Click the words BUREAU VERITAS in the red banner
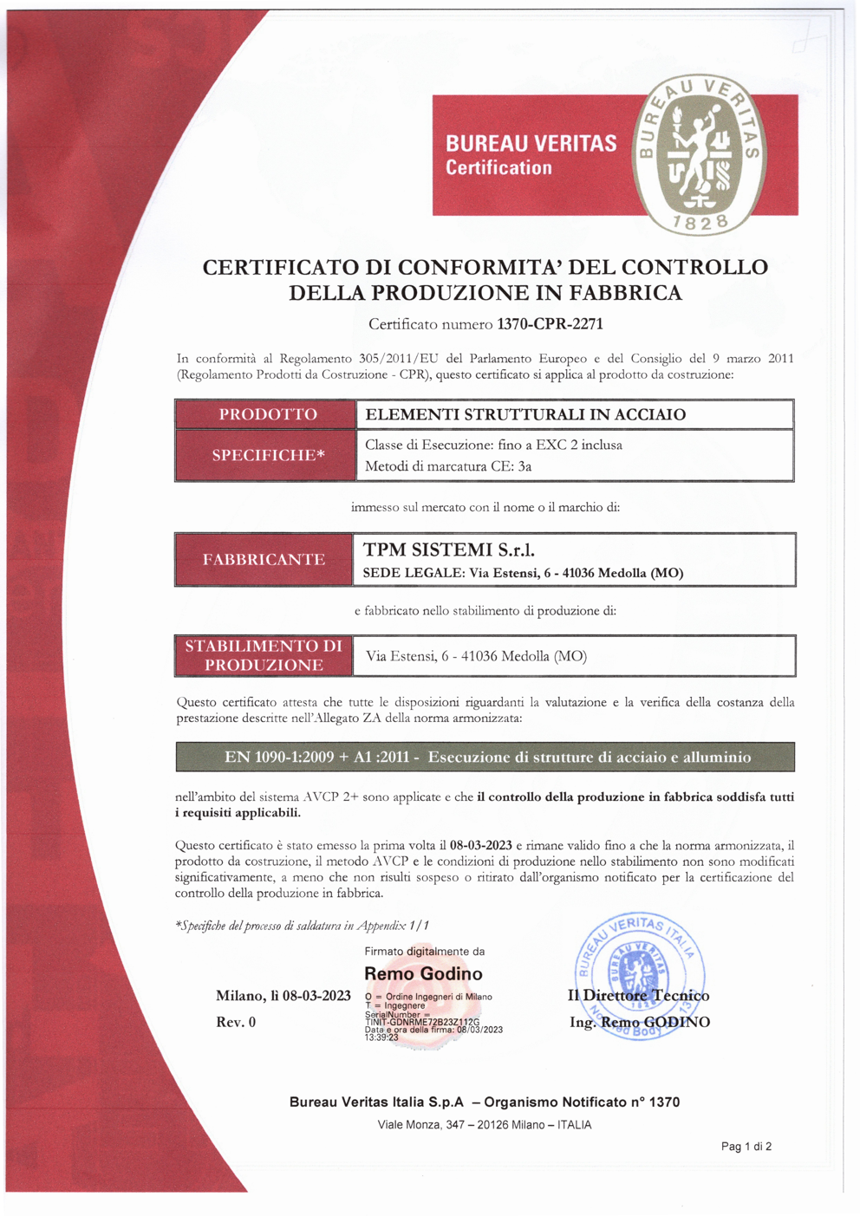point(531,143)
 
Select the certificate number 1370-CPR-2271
point(550,324)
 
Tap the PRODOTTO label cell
point(267,414)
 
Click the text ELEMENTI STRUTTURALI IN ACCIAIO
point(525,414)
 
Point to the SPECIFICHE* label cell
point(267,455)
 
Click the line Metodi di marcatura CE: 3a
point(448,466)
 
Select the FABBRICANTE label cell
point(264,560)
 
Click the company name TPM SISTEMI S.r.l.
point(448,549)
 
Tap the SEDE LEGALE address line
point(523,573)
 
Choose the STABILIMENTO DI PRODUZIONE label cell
point(264,655)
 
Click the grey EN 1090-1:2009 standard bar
point(485,757)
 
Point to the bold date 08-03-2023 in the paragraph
point(481,845)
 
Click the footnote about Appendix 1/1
point(302,926)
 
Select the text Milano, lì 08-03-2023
point(283,996)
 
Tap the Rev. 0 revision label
point(236,1023)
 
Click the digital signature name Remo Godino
point(423,973)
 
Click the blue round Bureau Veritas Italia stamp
point(639,975)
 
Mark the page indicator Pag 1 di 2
point(746,1147)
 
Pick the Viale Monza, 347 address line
point(485,1125)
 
